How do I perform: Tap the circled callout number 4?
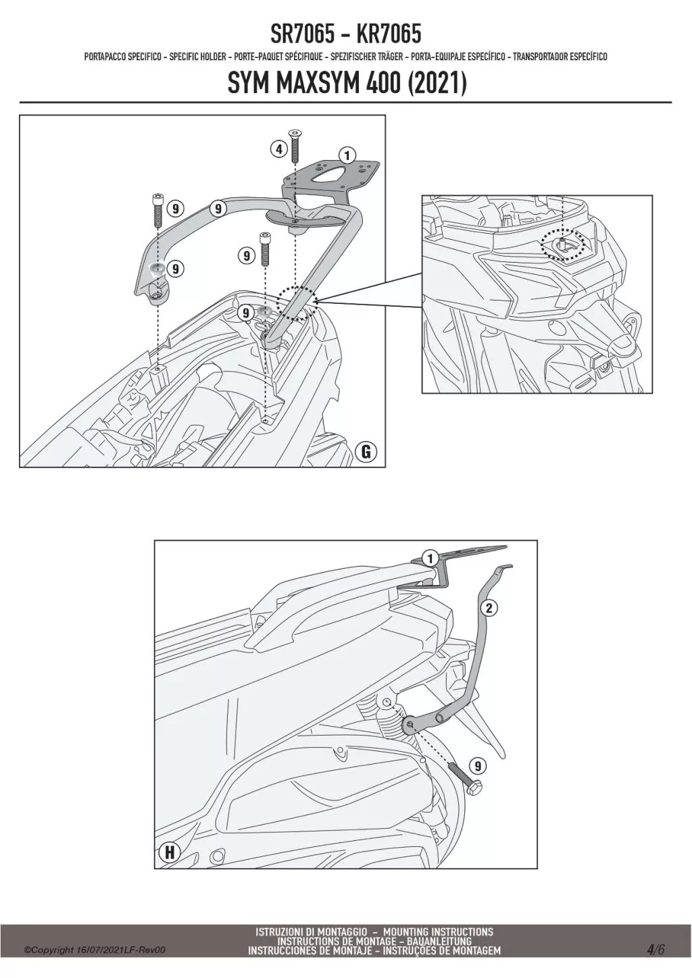click(x=278, y=150)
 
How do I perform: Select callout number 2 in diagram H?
click(x=489, y=608)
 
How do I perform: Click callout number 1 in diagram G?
click(x=347, y=155)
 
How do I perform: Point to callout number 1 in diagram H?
click(x=430, y=558)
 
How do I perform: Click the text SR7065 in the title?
click(x=302, y=34)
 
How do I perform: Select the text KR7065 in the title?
click(x=389, y=34)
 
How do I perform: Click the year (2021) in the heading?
click(x=437, y=83)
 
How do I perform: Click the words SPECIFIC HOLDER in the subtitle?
click(x=197, y=57)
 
